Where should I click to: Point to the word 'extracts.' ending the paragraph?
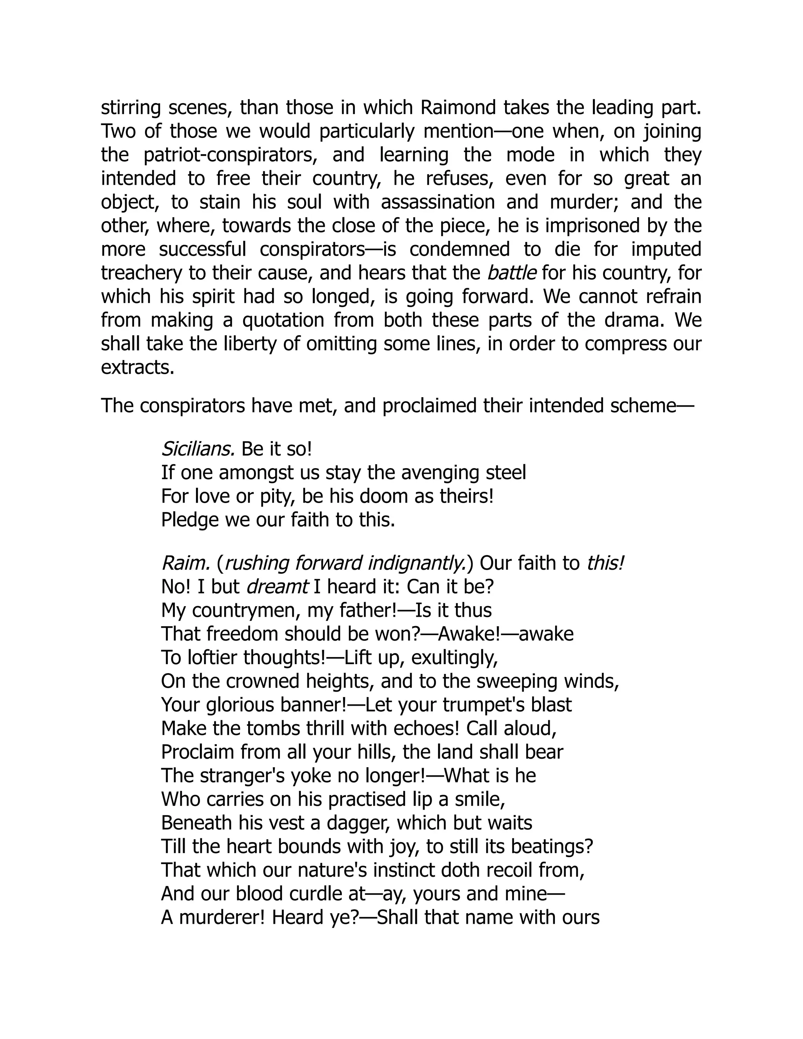138,368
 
